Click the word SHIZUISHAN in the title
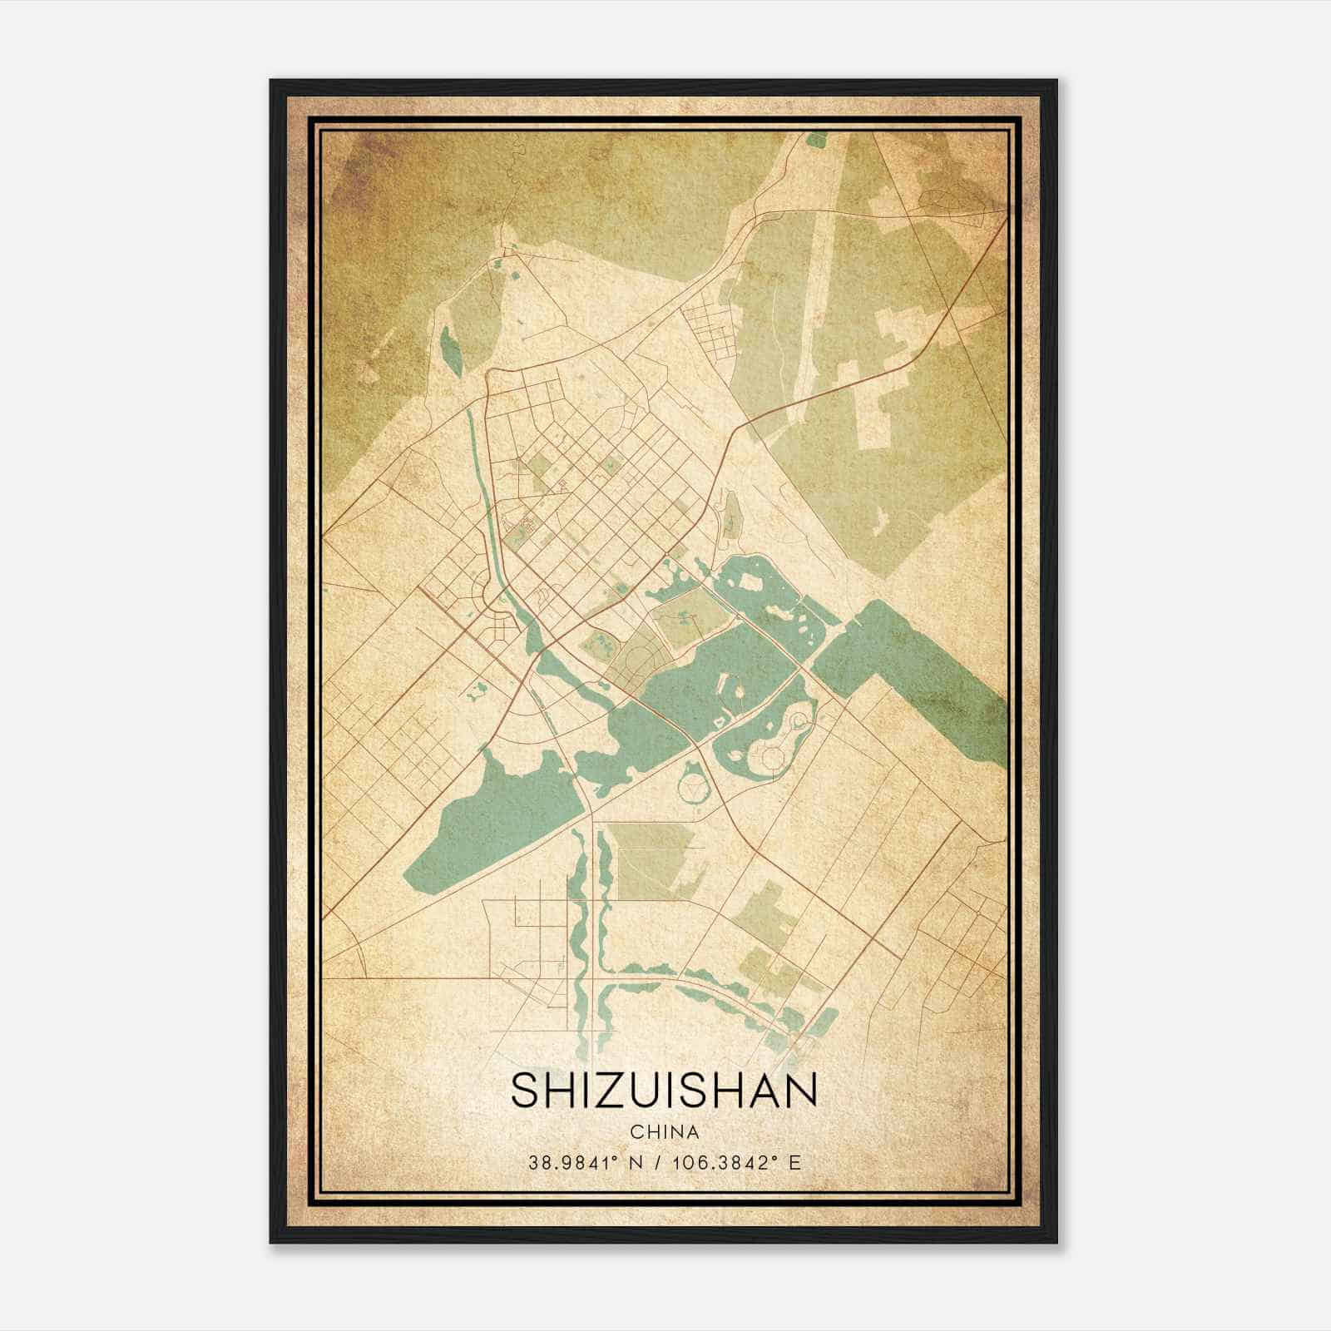pyautogui.click(x=664, y=1091)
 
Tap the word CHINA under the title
pyautogui.click(x=664, y=1132)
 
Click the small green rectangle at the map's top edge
pyautogui.click(x=816, y=140)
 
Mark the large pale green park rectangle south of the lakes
pyautogui.click(x=654, y=861)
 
